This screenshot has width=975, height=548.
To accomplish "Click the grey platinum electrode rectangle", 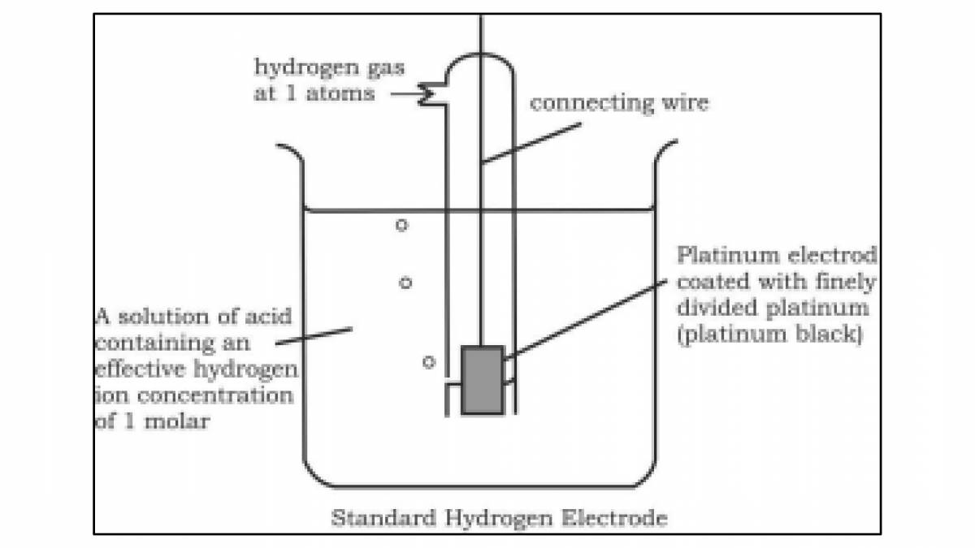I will pos(482,380).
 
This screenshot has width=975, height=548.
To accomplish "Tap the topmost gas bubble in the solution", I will pos(401,225).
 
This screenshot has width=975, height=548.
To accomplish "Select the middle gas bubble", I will pos(405,283).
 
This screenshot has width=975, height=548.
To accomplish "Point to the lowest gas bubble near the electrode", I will pos(429,362).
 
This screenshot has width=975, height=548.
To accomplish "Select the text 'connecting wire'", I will pos(619,103).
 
